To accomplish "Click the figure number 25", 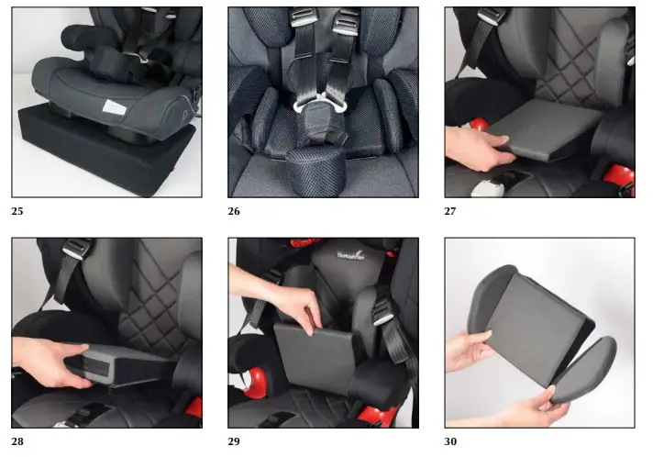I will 17,210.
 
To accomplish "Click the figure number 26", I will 234,210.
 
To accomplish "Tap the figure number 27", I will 450,210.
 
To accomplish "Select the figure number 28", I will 17,440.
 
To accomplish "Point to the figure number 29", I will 234,440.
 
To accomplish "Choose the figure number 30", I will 450,440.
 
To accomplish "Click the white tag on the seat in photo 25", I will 113,107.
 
